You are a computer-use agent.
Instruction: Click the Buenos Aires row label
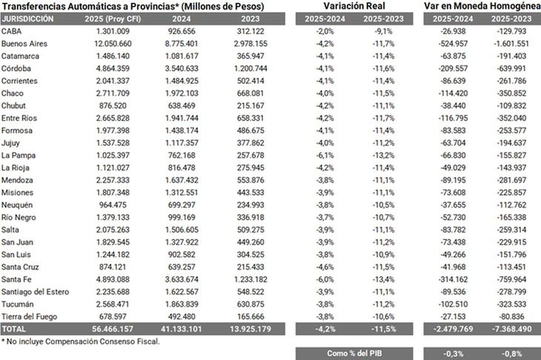(x=24, y=44)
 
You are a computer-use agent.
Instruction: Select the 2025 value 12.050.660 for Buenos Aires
(x=113, y=44)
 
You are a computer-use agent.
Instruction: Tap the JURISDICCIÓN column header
(x=27, y=19)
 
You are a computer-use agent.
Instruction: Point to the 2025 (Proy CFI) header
(x=113, y=19)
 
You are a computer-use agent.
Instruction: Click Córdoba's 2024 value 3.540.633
(x=182, y=69)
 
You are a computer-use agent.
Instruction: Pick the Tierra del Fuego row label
(x=29, y=316)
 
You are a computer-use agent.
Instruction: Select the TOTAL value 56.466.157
(x=113, y=329)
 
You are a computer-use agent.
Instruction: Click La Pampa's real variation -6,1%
(x=325, y=156)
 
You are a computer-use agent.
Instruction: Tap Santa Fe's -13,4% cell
(x=383, y=280)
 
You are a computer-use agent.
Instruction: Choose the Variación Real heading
(x=354, y=6)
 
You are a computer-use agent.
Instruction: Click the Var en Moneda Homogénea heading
(x=482, y=6)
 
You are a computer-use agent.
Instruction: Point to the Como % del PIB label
(x=354, y=353)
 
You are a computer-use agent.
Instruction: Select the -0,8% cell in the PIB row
(x=511, y=354)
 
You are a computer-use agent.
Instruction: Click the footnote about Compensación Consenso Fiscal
(x=80, y=341)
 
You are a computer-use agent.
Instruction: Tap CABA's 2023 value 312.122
(x=250, y=31)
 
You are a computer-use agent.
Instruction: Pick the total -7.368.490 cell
(x=511, y=329)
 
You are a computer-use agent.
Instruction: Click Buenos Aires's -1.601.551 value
(x=511, y=44)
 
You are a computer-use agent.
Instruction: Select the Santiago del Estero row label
(x=35, y=292)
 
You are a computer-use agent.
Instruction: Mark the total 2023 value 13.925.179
(x=250, y=329)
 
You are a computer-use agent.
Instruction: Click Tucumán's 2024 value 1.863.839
(x=182, y=304)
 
